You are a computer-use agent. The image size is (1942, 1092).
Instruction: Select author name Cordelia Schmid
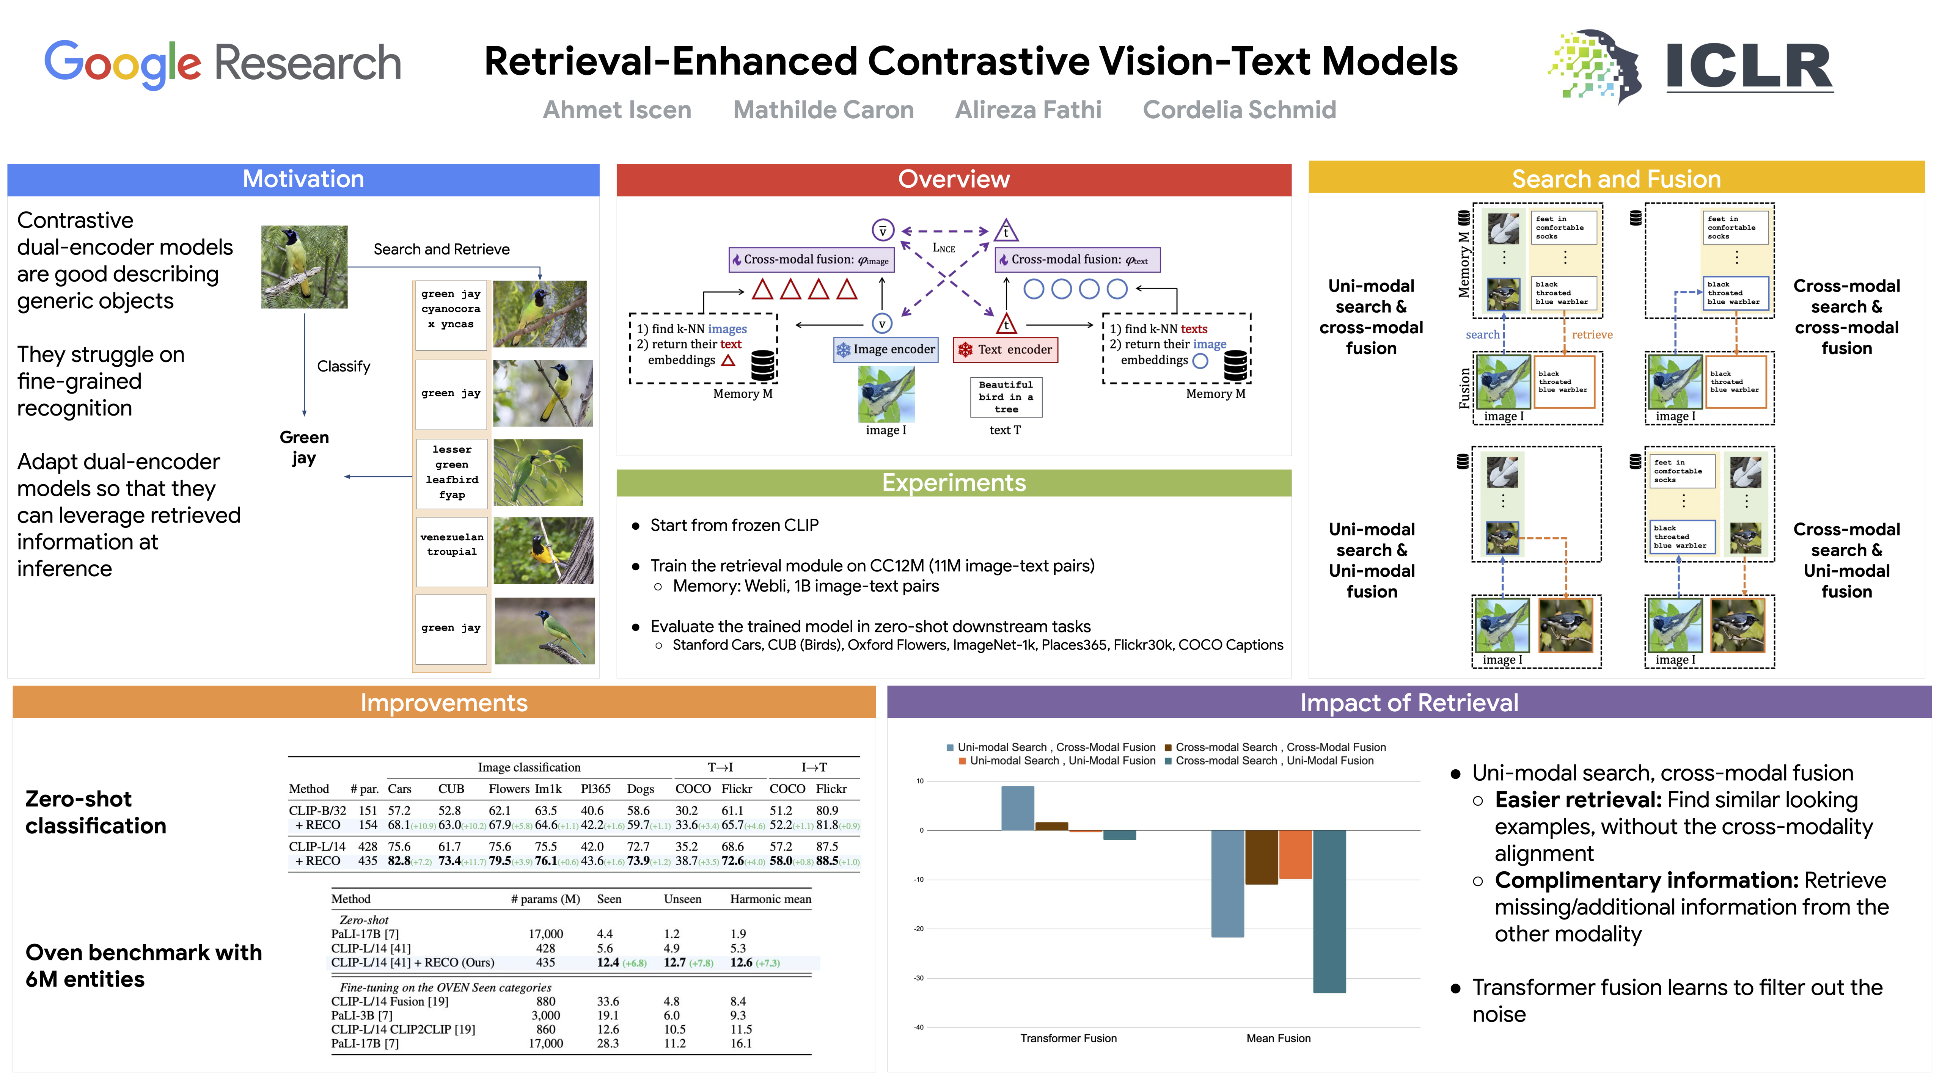1239,110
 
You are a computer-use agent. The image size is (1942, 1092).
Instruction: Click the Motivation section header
303,179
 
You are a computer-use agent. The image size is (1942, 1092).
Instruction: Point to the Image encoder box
886,350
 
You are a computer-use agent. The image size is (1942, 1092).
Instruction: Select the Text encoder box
1006,350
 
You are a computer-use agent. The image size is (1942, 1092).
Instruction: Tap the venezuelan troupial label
452,544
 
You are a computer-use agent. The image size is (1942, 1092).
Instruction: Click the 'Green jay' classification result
304,448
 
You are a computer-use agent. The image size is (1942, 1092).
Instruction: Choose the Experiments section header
954,483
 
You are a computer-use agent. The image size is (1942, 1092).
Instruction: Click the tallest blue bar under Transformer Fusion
1017,808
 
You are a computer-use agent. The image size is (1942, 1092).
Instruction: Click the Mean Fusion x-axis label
1278,1039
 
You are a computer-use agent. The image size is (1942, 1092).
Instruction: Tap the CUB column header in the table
451,789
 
